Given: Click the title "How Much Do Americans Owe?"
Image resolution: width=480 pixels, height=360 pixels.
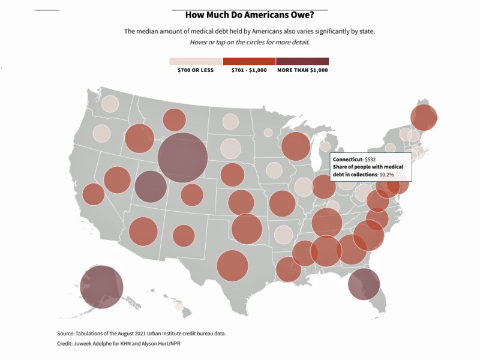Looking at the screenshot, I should click(249, 16).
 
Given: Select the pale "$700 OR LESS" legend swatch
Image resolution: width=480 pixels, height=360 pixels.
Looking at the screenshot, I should click(196, 61).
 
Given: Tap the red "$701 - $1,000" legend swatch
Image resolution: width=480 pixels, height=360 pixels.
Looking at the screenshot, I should click(249, 61).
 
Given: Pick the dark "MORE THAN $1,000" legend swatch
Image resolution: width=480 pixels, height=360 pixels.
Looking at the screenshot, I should click(302, 61).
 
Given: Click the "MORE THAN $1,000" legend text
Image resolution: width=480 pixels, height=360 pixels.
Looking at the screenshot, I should click(302, 70).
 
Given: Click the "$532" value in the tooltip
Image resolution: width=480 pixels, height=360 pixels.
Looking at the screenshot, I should click(370, 159).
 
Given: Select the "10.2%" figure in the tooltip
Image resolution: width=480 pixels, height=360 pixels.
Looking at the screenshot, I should click(386, 174).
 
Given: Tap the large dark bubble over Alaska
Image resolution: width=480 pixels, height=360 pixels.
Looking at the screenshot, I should click(101, 287).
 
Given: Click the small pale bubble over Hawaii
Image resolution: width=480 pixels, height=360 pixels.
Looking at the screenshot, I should click(179, 307).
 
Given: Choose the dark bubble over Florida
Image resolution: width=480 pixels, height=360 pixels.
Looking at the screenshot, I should click(364, 284).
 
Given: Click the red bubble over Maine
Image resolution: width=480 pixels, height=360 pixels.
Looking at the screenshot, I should click(424, 117).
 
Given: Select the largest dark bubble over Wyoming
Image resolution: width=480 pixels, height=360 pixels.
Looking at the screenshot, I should click(183, 158).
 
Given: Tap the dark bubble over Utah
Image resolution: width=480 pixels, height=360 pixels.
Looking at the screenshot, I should click(151, 187).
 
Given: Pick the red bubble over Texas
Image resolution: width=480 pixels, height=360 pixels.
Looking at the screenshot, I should click(232, 266).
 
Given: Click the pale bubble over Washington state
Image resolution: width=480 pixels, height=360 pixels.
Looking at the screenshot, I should click(110, 104).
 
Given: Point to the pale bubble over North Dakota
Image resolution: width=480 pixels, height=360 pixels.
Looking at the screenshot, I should click(230, 122).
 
